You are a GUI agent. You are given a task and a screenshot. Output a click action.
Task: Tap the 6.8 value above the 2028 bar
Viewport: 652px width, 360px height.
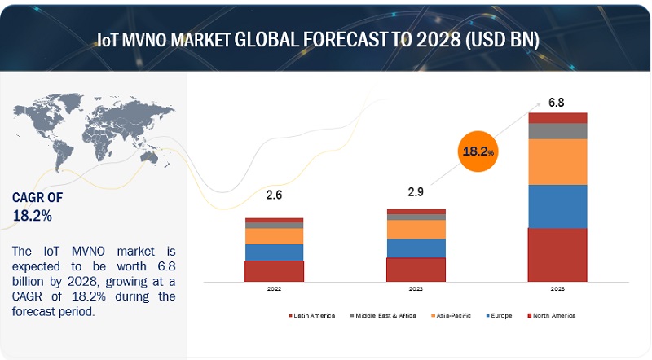(x=557, y=103)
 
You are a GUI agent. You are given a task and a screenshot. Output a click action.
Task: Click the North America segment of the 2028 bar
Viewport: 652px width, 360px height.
(x=557, y=255)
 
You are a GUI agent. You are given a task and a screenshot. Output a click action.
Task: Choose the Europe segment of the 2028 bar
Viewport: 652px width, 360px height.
(x=557, y=206)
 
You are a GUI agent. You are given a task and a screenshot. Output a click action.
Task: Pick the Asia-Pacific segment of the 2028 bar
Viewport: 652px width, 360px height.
(x=557, y=161)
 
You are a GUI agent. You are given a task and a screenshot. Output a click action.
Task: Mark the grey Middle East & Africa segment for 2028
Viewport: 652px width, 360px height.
(x=557, y=130)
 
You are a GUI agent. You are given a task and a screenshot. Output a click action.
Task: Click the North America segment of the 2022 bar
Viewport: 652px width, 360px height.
(x=275, y=271)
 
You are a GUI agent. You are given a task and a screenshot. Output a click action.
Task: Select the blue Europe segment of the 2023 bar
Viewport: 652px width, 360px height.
(x=416, y=248)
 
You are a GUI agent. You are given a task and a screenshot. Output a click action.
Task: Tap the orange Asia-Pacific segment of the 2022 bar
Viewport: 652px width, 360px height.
(x=275, y=236)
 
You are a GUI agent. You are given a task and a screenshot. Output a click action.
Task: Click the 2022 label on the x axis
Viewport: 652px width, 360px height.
(x=275, y=288)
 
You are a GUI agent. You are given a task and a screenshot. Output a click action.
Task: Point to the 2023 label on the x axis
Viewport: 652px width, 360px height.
(x=416, y=288)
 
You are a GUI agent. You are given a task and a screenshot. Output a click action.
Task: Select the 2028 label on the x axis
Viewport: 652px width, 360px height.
(x=557, y=288)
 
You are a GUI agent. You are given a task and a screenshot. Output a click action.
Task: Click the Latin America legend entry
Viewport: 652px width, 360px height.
(x=313, y=315)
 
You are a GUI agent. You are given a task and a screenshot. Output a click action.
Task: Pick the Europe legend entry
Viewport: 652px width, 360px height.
(x=498, y=315)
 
